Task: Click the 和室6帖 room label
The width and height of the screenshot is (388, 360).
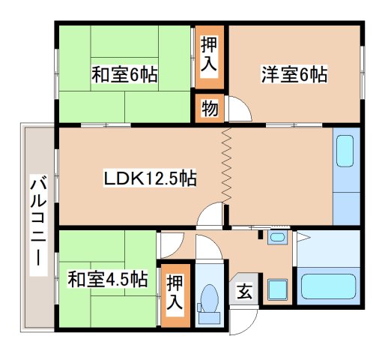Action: click(124, 76)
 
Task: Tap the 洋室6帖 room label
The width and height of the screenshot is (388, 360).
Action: click(294, 75)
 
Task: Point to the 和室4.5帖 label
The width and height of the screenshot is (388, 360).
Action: click(107, 280)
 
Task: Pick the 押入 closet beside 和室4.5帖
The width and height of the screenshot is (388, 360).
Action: click(175, 294)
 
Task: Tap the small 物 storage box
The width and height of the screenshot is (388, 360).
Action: click(210, 108)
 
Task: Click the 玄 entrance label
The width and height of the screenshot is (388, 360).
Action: click(245, 292)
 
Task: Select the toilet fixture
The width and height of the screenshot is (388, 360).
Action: click(208, 298)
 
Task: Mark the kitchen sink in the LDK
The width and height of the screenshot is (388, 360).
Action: click(345, 151)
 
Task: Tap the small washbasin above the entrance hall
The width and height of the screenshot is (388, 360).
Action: click(277, 238)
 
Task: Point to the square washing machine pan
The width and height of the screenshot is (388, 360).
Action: click(278, 289)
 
